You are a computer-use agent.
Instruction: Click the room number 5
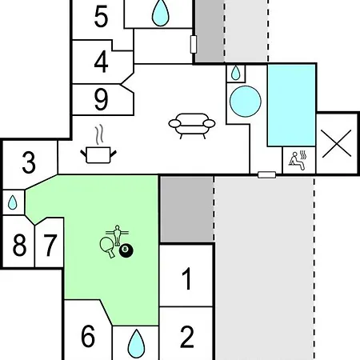tap(101, 17)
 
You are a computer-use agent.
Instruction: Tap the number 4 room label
tap(101, 62)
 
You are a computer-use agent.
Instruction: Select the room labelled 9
tap(101, 99)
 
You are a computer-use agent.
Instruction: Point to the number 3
tap(29, 162)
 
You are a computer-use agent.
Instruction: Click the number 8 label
tap(19, 245)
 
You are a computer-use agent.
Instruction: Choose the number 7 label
tap(50, 245)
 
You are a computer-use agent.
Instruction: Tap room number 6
tap(88, 336)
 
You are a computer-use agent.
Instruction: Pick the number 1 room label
tap(187, 278)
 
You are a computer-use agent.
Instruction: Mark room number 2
tap(187, 337)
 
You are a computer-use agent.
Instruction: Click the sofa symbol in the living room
tap(192, 126)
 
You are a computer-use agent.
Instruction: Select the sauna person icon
tap(298, 160)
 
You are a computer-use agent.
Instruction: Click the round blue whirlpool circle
tap(246, 102)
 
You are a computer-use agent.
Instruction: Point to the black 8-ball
tap(126, 251)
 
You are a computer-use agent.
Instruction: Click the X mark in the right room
tap(337, 143)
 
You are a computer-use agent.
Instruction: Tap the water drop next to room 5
tap(160, 13)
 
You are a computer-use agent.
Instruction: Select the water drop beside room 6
tap(136, 344)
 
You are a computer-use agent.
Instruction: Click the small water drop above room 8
tap(12, 202)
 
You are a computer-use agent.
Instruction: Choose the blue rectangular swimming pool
tap(291, 105)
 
